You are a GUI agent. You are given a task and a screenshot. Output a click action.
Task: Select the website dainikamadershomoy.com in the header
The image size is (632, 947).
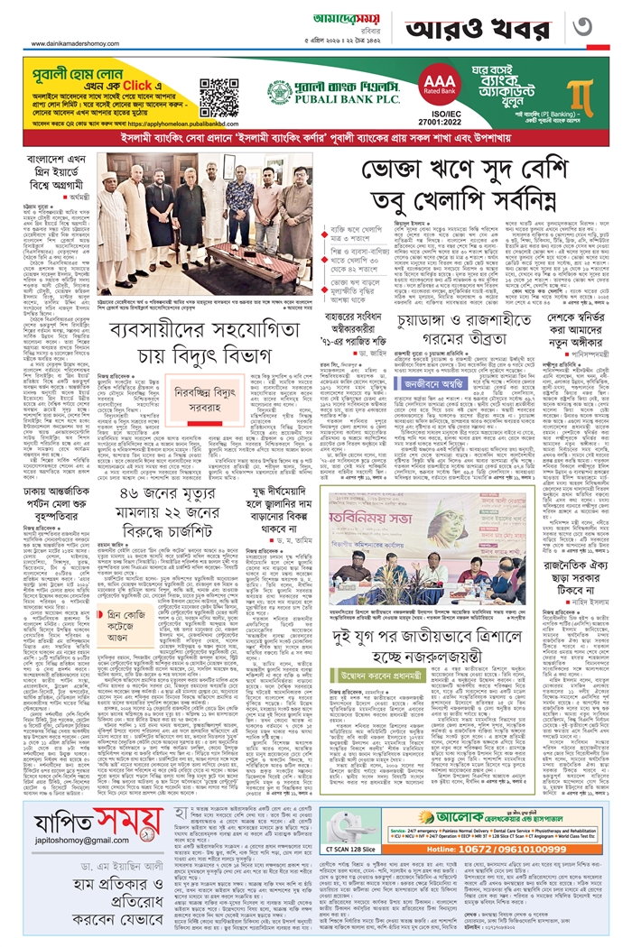click(x=63, y=36)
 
